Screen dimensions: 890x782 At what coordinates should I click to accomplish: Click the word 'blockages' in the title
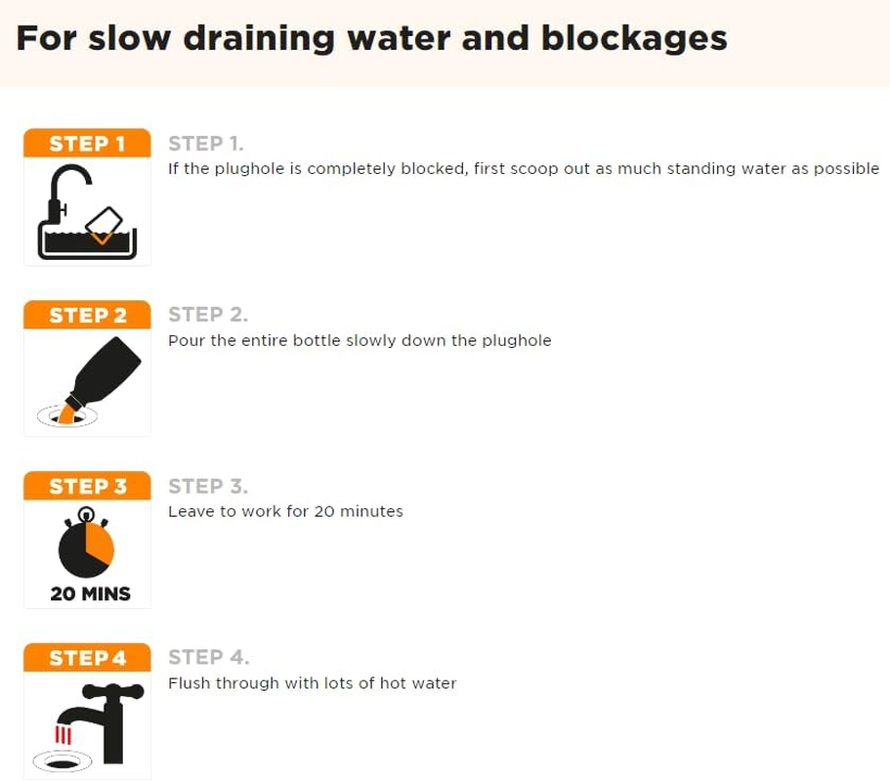pos(634,38)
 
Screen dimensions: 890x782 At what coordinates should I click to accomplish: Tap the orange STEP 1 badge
pos(87,143)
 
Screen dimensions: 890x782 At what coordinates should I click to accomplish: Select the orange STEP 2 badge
pos(87,315)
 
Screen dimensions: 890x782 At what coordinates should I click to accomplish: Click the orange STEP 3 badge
pos(87,486)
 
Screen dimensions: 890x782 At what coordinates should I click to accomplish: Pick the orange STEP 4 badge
pos(87,658)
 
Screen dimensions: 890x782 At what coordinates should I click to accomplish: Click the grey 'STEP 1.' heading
pos(206,144)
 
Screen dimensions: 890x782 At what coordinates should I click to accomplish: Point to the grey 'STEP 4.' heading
pos(209,657)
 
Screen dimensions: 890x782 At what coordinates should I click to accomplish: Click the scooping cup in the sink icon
pos(104,226)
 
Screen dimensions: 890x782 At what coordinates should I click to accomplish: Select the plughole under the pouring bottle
pos(67,416)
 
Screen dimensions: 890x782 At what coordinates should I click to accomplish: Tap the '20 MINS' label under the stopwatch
pos(90,594)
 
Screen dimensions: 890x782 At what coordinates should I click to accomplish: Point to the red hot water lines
pos(63,735)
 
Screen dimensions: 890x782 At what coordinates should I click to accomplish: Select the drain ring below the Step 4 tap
pos(63,761)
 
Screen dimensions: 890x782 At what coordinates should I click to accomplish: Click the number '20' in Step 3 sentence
pos(324,511)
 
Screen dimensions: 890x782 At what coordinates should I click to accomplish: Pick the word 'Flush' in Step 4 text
pos(189,682)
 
